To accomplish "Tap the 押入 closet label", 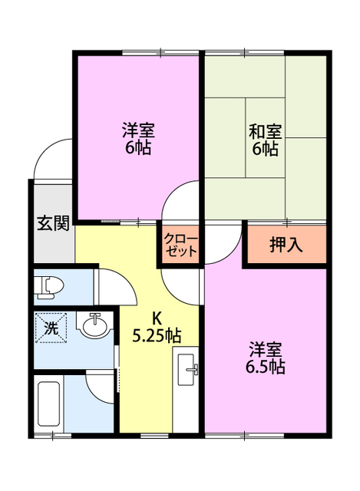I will point(286,245).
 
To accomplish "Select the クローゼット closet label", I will point(181,245).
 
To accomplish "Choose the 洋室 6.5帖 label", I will point(265,358).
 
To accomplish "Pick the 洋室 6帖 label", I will point(137,139).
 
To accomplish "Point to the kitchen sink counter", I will point(187,371).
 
